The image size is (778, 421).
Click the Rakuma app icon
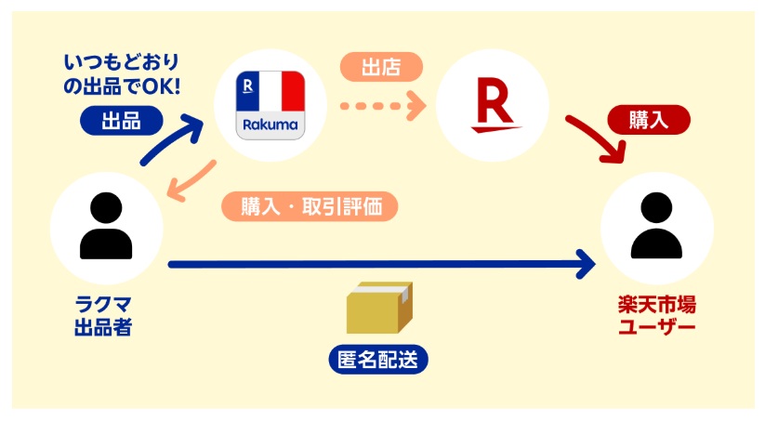tap(270, 104)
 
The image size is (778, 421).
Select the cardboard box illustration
tap(378, 308)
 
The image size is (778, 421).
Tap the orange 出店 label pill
tap(381, 67)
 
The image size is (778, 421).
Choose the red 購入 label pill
tap(648, 119)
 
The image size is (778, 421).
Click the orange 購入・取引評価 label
tap(310, 206)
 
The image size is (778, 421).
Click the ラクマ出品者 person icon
tap(106, 227)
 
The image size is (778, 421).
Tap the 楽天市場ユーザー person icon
tap(656, 227)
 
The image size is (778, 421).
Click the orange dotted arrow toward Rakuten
tap(382, 105)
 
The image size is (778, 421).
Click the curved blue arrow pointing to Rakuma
tap(173, 139)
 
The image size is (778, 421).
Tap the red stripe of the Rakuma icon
tap(293, 91)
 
